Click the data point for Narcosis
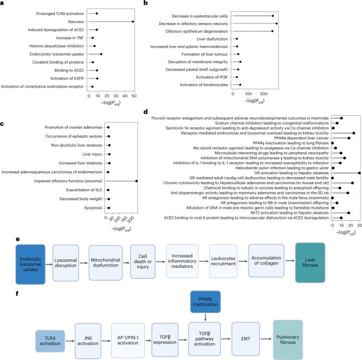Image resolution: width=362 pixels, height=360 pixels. (x=133, y=22)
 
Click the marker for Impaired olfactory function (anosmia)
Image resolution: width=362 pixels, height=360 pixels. (x=136, y=181)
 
